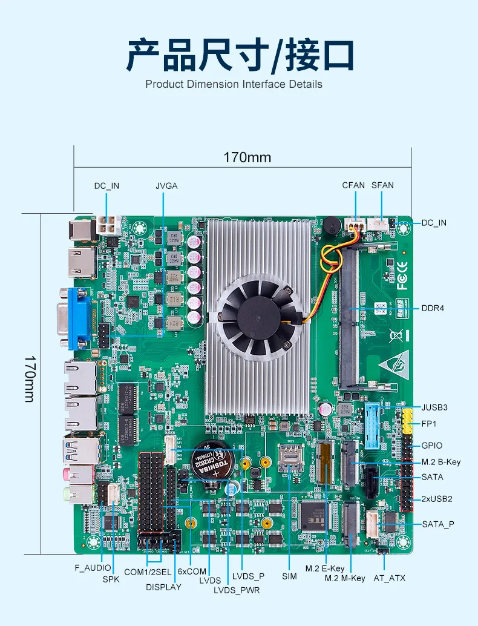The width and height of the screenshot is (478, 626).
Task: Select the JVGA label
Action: pos(166,186)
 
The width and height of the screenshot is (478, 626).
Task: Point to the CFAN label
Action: pos(353,186)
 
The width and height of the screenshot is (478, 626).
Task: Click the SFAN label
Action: pos(382,186)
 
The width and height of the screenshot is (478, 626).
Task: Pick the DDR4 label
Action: pos(433,308)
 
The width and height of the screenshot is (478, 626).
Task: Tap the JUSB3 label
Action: pos(434,407)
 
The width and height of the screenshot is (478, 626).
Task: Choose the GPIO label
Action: pos(432,446)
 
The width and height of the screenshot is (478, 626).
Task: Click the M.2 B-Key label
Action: pos(441,462)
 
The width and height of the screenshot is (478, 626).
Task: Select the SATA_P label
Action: pos(438,524)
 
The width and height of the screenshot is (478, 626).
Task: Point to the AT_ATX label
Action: pos(389,578)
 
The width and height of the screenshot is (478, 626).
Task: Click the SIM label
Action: pos(289,576)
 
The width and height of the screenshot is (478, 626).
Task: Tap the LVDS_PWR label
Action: pos(237,590)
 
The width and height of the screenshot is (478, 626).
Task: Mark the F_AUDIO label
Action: pos(93,568)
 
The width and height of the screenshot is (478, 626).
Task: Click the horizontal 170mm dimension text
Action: pos(247,158)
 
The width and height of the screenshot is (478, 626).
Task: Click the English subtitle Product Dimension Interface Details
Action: pos(234,84)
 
